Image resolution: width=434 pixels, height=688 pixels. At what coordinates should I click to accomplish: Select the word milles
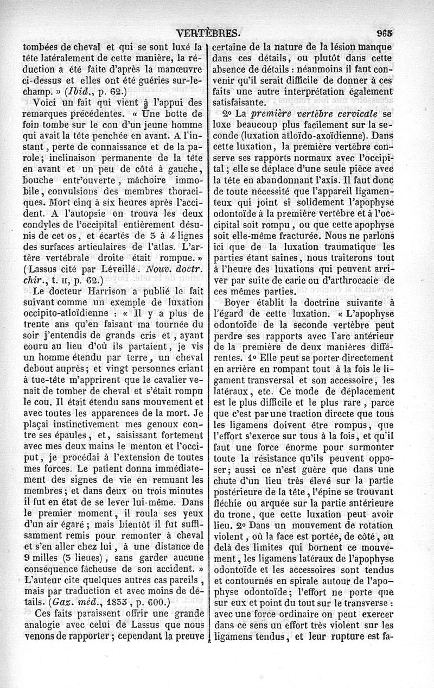coord(52,557)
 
